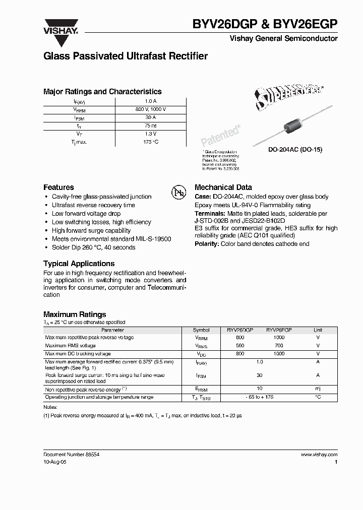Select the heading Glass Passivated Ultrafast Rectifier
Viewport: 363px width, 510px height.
[126, 56]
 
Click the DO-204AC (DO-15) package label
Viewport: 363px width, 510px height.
[295, 150]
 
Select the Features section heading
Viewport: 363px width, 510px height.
[58, 187]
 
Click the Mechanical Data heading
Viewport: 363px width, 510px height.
[223, 187]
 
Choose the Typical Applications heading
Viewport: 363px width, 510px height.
[79, 264]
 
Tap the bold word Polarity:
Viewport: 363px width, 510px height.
[207, 244]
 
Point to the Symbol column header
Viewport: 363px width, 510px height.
[201, 330]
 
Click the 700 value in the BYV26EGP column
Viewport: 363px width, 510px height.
[279, 346]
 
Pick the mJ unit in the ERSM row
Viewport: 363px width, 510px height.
[318, 389]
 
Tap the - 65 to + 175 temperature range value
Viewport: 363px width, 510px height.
[259, 397]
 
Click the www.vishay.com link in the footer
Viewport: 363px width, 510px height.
[319, 455]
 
